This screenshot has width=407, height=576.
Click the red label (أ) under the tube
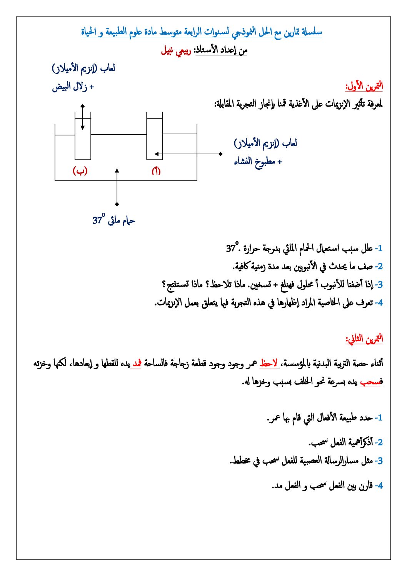point(156,171)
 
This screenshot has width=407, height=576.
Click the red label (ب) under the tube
point(80,171)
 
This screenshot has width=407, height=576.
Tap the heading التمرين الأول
point(364,85)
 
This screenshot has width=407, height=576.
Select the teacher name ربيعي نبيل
point(176,50)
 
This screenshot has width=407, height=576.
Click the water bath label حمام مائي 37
point(114,220)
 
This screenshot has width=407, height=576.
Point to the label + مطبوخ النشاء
point(258,162)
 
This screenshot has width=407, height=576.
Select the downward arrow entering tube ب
point(82,117)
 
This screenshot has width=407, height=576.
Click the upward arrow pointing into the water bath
point(117,187)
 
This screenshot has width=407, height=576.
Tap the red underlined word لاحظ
point(269,363)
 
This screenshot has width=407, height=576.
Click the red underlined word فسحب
point(371,382)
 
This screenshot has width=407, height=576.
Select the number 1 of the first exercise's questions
point(379,248)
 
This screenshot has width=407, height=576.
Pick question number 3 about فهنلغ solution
point(379,285)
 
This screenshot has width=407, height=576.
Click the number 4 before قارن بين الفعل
point(379,486)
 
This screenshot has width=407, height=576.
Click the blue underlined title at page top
point(201,32)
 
